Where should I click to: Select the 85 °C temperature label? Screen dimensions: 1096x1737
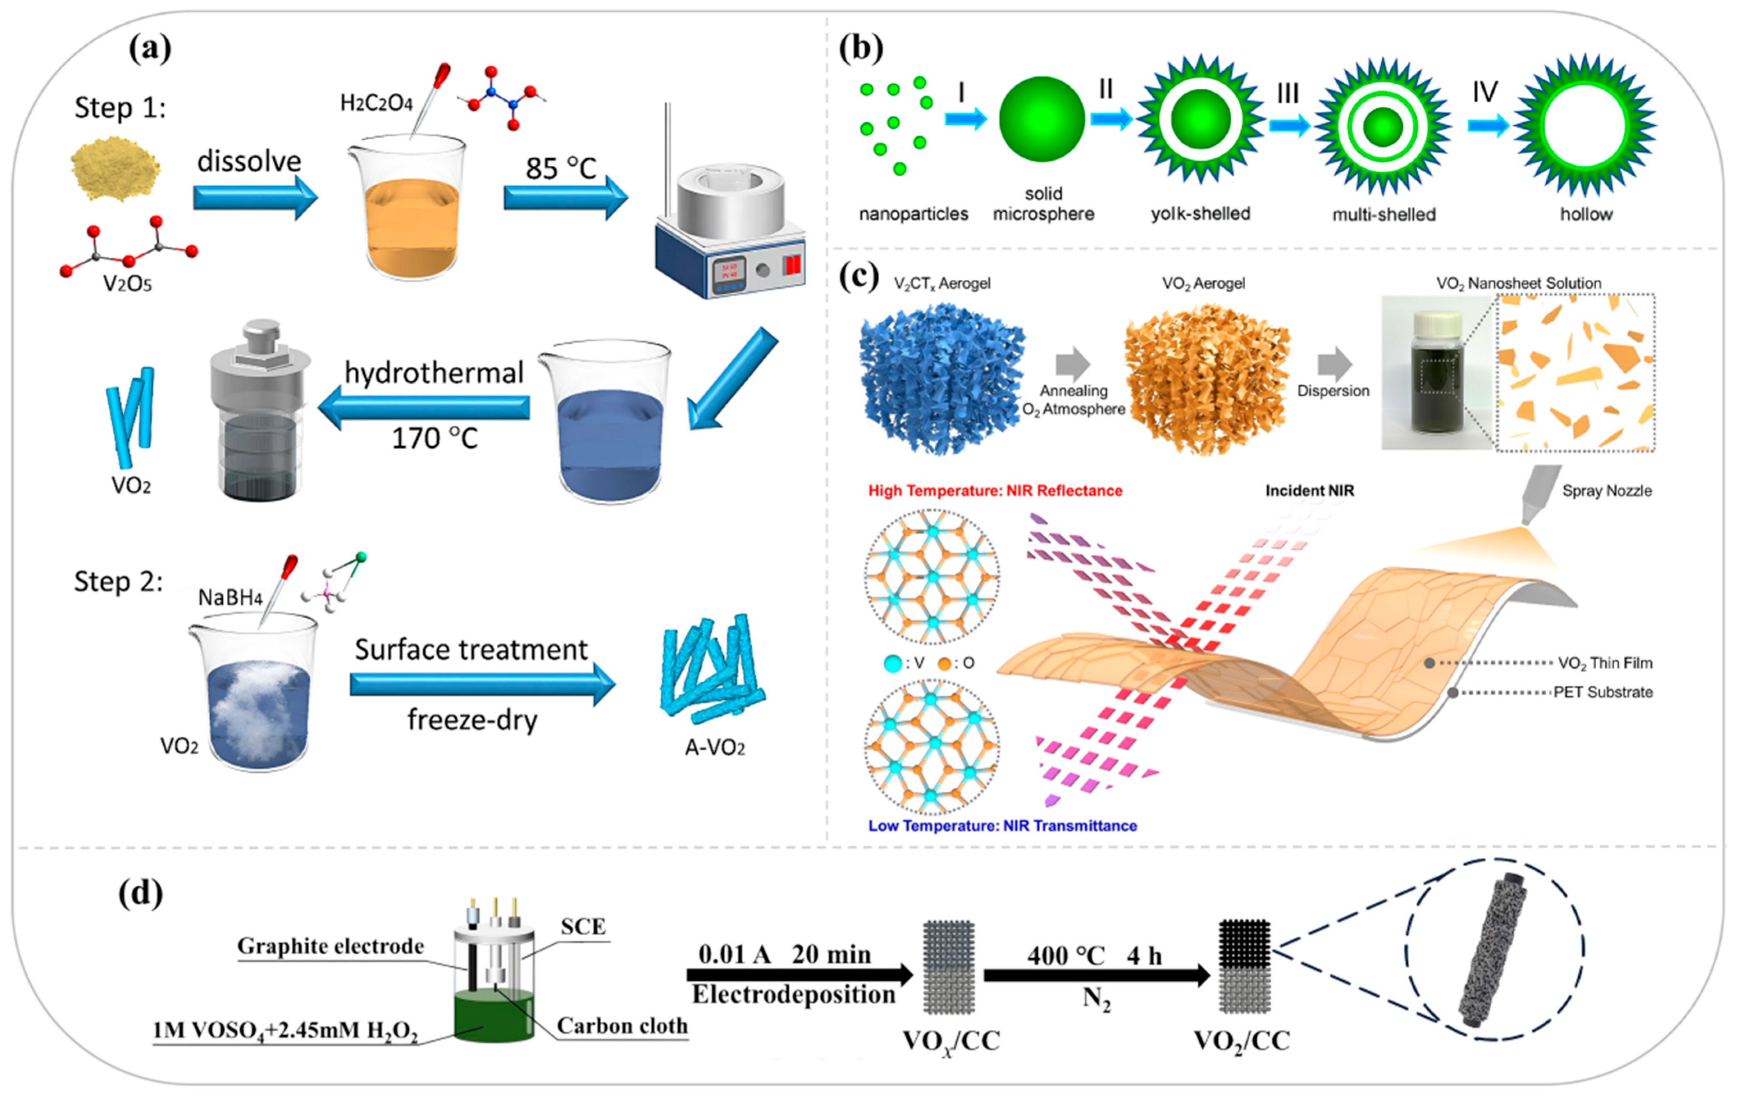[x=561, y=168]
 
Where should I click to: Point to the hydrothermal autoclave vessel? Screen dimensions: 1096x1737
[x=260, y=411]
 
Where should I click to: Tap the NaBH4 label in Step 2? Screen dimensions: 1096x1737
[x=230, y=597]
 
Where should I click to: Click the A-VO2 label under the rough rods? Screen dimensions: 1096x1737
[x=714, y=747]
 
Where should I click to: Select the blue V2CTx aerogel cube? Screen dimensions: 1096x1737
[x=941, y=377]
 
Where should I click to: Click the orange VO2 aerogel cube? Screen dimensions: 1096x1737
[x=1206, y=377]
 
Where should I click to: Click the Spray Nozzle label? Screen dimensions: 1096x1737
[x=1607, y=491]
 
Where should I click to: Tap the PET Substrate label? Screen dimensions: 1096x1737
[x=1603, y=692]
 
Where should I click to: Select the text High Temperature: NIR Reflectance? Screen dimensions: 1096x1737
[x=995, y=491]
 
